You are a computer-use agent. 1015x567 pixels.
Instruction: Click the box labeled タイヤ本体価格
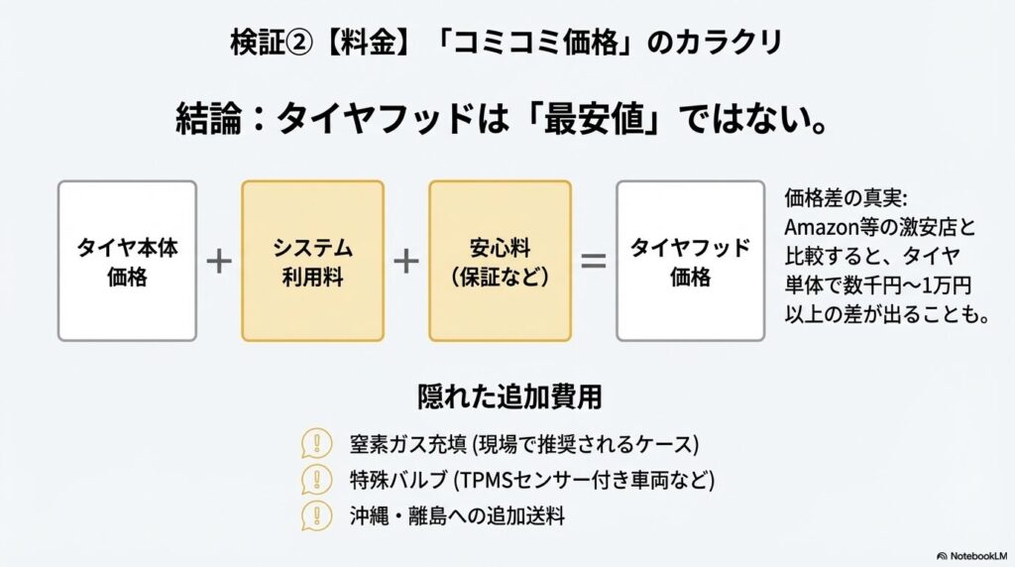pos(128,262)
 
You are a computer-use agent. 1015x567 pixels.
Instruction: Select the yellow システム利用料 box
pos(312,262)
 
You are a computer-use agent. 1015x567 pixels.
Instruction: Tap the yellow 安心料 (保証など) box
pos(500,262)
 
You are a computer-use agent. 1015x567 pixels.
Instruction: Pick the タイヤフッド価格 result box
pos(690,262)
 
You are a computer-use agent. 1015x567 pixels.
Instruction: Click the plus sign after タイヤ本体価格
pos(219,262)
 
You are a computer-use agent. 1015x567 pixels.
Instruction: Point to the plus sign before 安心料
pos(405,262)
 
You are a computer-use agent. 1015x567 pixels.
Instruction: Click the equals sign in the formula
pos(593,262)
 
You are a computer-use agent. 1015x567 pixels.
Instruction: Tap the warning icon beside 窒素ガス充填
pos(316,443)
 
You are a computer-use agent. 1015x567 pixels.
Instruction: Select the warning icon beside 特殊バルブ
pos(316,480)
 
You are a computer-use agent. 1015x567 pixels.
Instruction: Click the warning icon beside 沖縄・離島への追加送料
pos(316,515)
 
